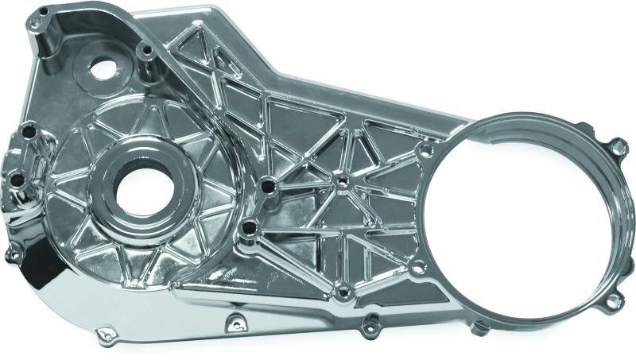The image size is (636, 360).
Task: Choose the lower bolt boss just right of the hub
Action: pos(250,230)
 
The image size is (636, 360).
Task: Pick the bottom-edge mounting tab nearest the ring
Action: pos(369,321)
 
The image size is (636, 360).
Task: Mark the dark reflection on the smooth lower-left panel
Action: pos(44,294)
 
